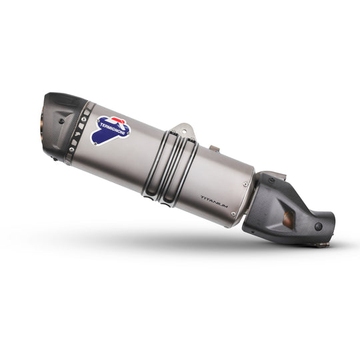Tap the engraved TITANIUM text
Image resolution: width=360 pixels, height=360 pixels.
tap(214, 202)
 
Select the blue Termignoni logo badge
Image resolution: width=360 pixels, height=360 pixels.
tap(111, 130)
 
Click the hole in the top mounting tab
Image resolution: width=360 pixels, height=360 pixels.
tap(184, 131)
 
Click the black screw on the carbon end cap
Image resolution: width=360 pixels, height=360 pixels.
tap(61, 121)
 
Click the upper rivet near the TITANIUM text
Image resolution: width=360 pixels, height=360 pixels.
tap(245, 184)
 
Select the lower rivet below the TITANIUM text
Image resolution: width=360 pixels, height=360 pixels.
tap(233, 214)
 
